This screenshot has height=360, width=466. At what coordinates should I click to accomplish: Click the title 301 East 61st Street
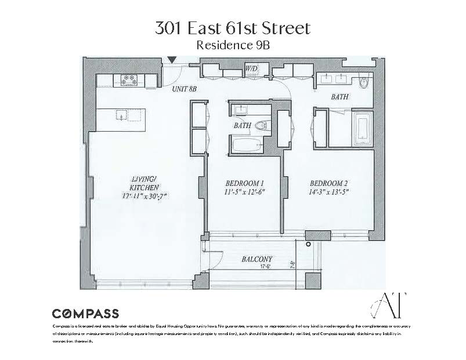pyautogui.click(x=232, y=28)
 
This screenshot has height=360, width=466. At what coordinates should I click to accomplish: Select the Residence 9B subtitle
pyautogui.click(x=232, y=45)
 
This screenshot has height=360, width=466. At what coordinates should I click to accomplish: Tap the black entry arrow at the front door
pyautogui.click(x=172, y=60)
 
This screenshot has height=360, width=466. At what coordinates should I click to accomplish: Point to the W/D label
pyautogui.click(x=252, y=68)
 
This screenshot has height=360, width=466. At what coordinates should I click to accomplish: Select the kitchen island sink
pyautogui.click(x=121, y=114)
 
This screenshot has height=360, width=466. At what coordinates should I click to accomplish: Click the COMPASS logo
pyautogui.click(x=86, y=314)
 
